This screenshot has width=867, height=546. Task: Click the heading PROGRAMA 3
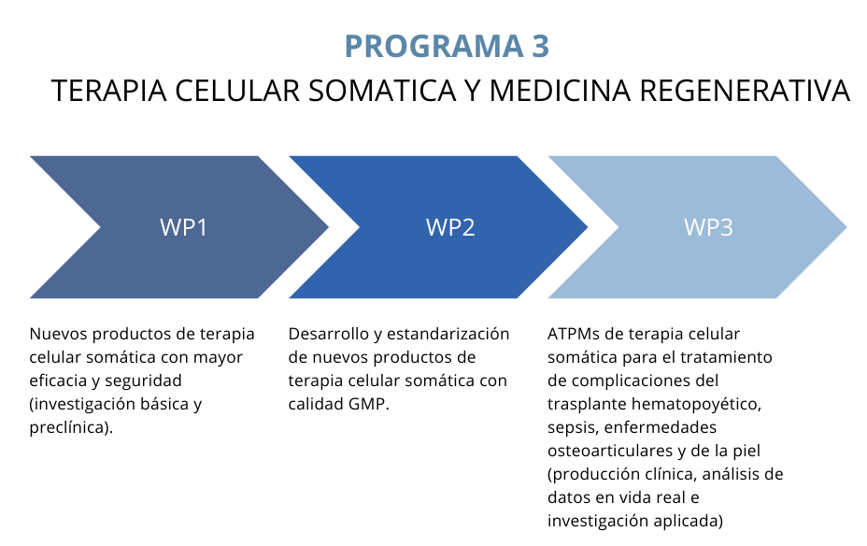point(447,45)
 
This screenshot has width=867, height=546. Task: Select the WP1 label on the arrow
point(183,227)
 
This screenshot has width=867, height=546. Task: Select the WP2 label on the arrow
point(450,227)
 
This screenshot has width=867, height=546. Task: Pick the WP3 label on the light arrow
point(708,227)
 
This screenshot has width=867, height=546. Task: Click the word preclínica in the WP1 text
point(69,427)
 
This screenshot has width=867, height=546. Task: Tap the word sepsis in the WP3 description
point(572,427)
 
